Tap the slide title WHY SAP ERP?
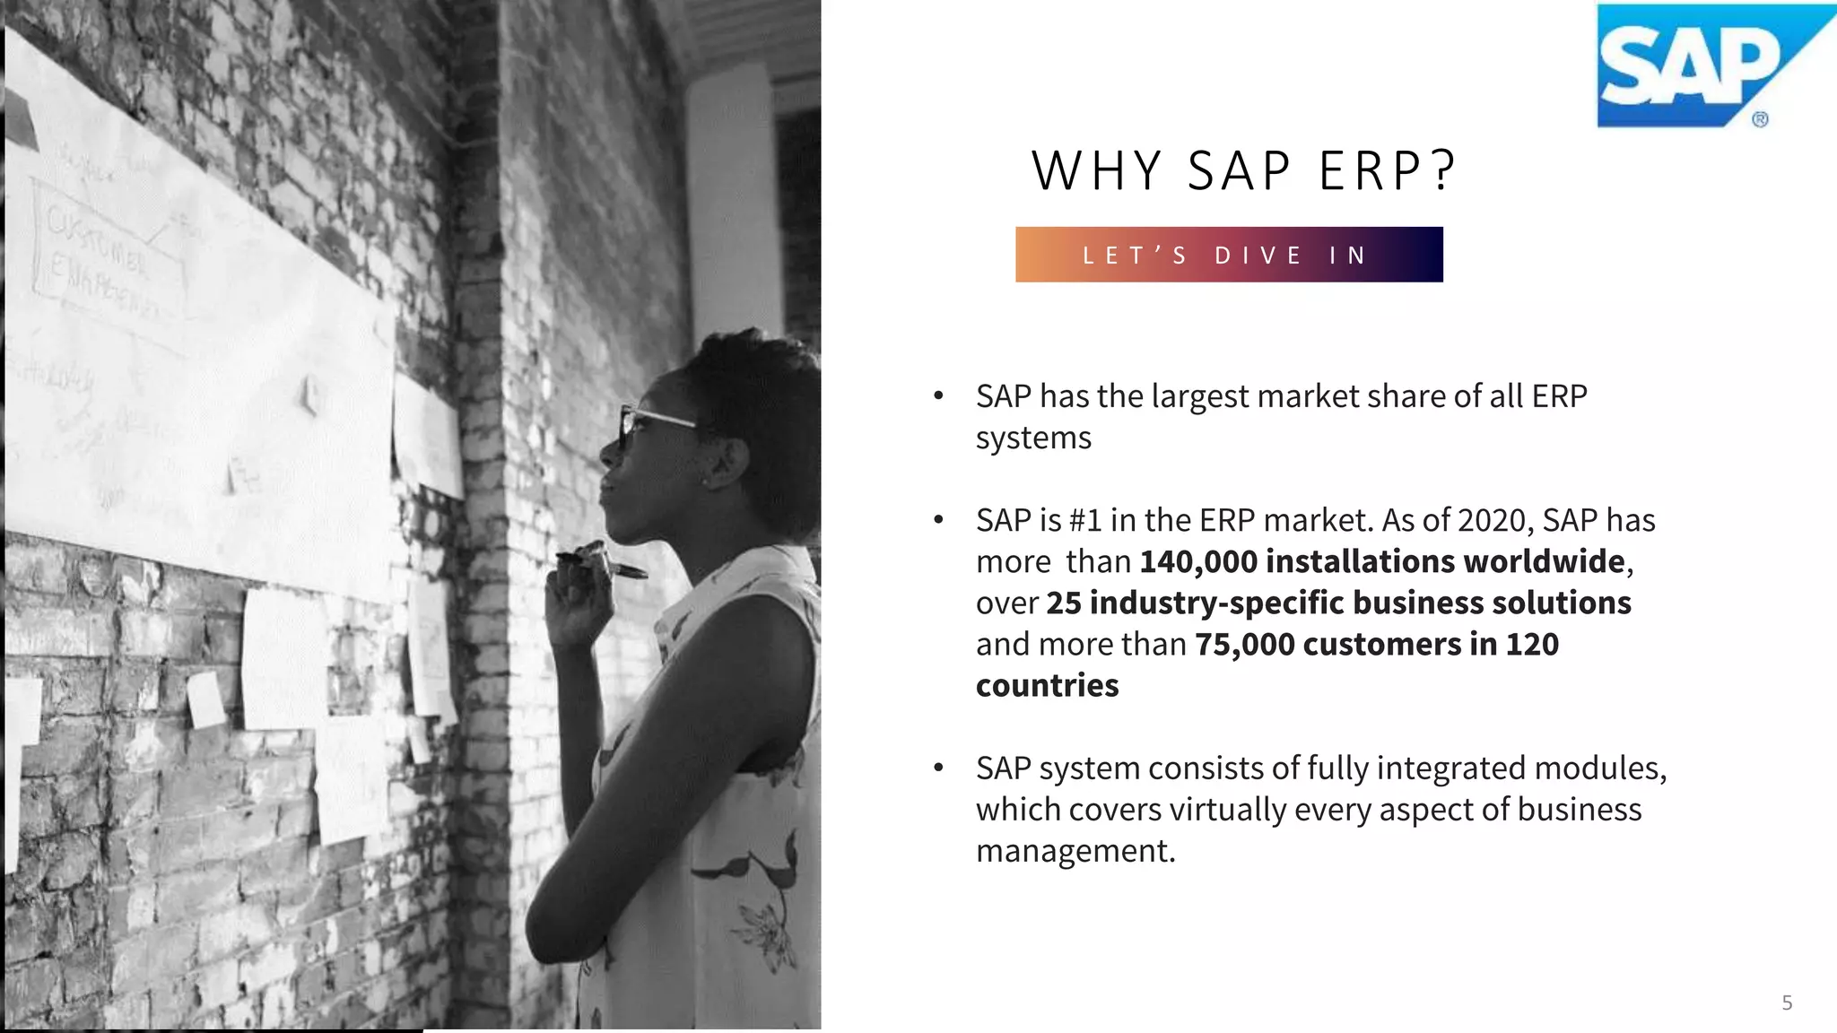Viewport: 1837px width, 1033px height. [1244, 170]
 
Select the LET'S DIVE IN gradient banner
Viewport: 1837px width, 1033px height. [1229, 255]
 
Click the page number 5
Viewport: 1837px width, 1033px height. [1787, 1003]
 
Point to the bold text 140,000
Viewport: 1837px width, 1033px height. [1198, 561]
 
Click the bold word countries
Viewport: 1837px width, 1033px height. [1047, 686]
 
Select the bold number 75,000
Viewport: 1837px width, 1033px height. [1245, 645]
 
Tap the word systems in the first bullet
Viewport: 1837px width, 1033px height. [1033, 438]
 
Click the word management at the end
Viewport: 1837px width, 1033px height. [1075, 851]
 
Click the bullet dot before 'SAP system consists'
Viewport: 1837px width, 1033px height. [938, 768]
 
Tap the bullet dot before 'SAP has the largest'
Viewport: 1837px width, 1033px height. [938, 395]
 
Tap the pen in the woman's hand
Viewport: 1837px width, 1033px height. [602, 564]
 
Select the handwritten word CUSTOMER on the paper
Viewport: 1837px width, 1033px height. [95, 237]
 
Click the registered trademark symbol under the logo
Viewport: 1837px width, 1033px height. [1760, 119]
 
